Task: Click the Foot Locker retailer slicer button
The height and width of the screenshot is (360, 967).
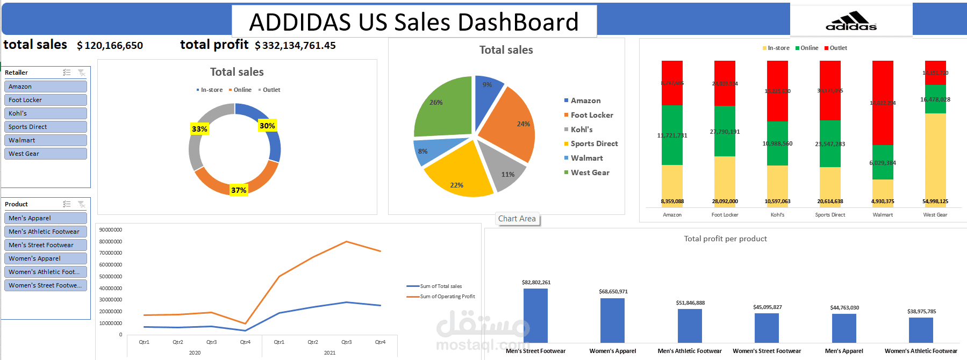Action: point(46,100)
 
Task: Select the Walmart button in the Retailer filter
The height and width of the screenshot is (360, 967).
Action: point(46,140)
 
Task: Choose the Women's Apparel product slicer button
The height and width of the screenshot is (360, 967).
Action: point(46,258)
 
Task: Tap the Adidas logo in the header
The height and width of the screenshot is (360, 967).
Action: point(851,21)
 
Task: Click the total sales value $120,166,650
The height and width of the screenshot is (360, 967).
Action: point(110,46)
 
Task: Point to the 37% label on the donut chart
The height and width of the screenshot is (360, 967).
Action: point(239,190)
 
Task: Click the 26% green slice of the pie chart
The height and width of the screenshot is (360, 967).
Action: point(443,107)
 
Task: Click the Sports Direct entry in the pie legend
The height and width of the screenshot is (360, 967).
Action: point(593,143)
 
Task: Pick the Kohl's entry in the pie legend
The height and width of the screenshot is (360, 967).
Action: point(581,129)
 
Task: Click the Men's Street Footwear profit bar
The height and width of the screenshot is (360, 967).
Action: point(535,316)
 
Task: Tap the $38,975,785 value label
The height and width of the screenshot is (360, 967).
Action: point(921,312)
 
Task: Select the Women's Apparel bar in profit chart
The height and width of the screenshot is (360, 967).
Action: point(612,320)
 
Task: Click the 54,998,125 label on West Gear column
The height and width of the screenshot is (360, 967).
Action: point(935,201)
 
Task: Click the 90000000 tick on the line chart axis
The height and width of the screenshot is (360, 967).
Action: point(111,230)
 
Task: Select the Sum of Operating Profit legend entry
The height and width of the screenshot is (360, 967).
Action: point(447,297)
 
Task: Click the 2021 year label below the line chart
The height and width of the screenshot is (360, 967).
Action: point(330,353)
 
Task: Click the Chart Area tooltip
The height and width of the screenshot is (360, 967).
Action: point(517,219)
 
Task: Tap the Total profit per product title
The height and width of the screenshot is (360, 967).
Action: point(725,239)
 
